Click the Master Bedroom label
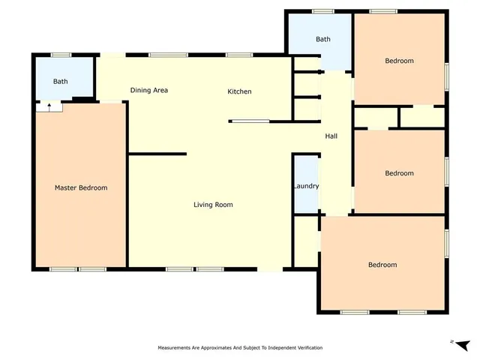point(81,188)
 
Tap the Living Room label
point(213,205)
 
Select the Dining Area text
point(148,91)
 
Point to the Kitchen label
point(239,91)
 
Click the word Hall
point(331,136)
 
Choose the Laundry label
point(305,187)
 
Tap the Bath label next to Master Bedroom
point(60,82)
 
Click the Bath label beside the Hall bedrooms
point(323,40)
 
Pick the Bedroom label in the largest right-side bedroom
point(382,265)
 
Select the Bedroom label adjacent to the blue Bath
point(399,61)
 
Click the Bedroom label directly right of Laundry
point(399,174)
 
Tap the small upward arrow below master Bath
point(49,107)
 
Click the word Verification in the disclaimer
point(304,349)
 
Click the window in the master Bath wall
point(61,54)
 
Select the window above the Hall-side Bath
point(322,11)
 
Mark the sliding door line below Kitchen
point(249,121)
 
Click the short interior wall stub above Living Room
point(157,154)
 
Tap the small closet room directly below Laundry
point(306,241)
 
